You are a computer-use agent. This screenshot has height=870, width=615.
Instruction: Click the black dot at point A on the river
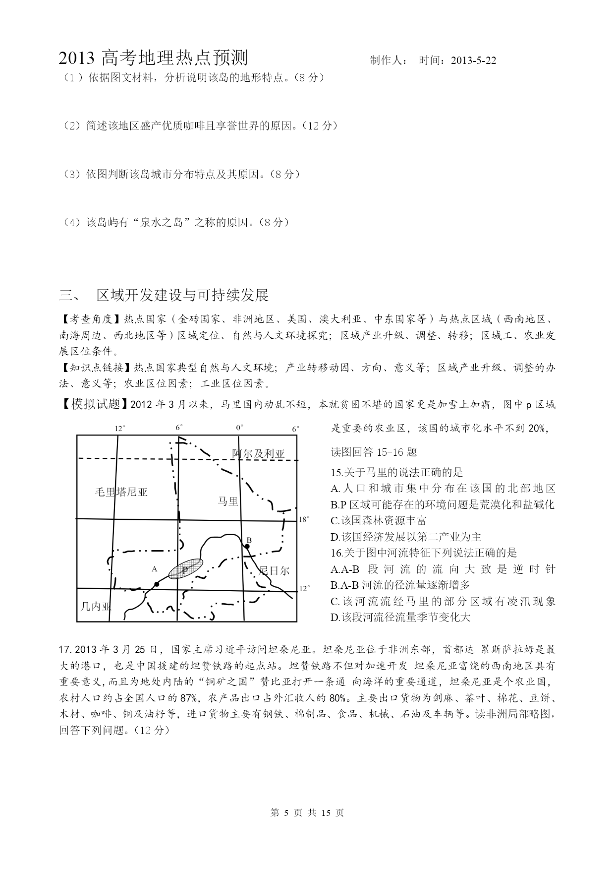[157, 584]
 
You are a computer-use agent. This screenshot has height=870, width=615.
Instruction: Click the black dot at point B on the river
[246, 546]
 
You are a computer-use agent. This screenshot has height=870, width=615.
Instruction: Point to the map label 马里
[228, 501]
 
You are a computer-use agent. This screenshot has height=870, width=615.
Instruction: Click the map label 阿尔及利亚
[259, 453]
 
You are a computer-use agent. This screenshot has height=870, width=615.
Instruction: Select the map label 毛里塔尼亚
[121, 492]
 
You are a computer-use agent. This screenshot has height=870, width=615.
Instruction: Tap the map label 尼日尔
[274, 570]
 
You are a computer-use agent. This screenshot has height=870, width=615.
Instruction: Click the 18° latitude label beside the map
[304, 519]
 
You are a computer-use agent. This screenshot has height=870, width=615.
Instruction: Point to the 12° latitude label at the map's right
[304, 588]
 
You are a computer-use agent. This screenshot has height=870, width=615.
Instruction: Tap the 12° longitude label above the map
[120, 428]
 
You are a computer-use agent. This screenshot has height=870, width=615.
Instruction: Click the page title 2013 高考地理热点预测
[153, 59]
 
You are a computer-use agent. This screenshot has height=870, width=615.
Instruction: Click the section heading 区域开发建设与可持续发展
[182, 295]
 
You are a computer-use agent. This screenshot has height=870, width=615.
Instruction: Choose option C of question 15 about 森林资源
[378, 520]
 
